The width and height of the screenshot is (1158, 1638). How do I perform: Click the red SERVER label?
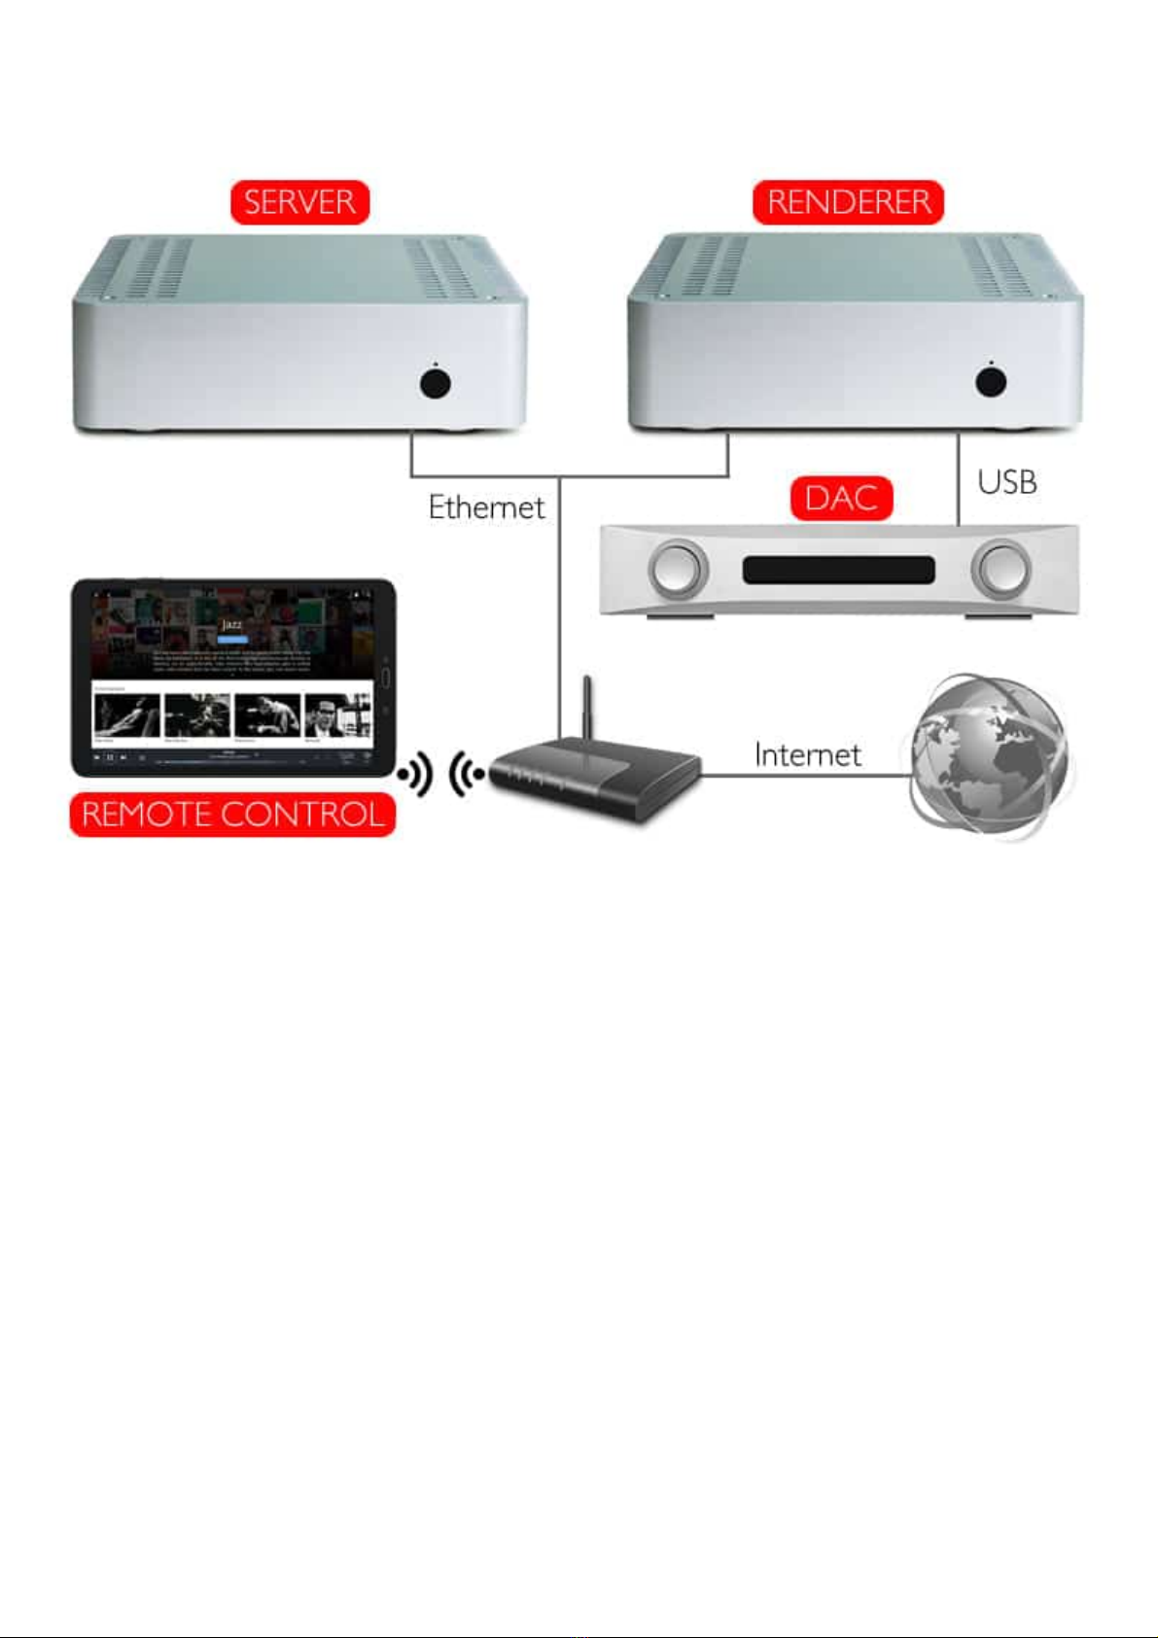click(x=299, y=202)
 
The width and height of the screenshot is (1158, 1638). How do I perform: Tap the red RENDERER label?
click(x=848, y=202)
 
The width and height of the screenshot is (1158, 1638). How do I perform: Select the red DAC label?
click(x=841, y=499)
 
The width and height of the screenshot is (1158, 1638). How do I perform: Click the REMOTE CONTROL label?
click(x=232, y=815)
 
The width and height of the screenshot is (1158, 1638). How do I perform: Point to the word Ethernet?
click(x=486, y=507)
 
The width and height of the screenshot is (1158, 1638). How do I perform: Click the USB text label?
click(x=1006, y=482)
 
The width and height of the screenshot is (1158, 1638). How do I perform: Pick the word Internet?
click(x=807, y=755)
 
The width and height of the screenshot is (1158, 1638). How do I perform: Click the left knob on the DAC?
click(x=678, y=569)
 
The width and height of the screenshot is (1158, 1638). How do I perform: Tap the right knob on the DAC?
click(x=1001, y=569)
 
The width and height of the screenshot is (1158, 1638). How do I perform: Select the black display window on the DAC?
click(x=838, y=570)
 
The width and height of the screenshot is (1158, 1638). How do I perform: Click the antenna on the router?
click(x=586, y=710)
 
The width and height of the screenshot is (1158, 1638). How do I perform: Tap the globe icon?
click(x=990, y=756)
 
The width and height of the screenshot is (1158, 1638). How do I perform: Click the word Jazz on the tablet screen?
click(x=231, y=624)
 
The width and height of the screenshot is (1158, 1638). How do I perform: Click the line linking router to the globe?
click(x=807, y=776)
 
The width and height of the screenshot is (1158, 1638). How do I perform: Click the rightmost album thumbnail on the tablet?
click(x=337, y=716)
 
